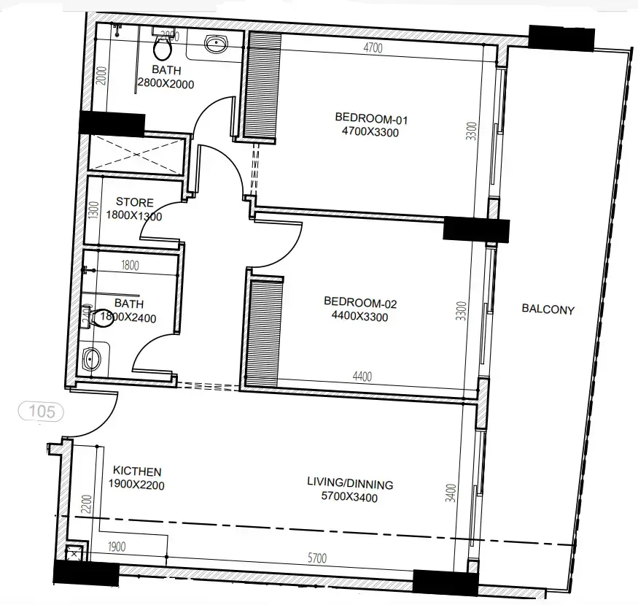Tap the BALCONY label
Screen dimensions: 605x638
click(x=548, y=309)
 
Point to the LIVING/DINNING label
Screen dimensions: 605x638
click(x=349, y=484)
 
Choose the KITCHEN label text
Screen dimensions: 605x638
click(x=137, y=472)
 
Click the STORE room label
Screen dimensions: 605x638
click(x=135, y=202)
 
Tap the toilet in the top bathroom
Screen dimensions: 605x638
click(x=163, y=48)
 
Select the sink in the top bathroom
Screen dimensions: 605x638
click(x=216, y=46)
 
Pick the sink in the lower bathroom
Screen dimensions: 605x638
click(x=93, y=358)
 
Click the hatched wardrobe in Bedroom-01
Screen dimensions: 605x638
click(x=262, y=85)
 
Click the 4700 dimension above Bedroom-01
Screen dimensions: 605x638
click(x=373, y=49)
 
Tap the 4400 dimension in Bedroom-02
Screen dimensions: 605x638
click(x=362, y=377)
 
